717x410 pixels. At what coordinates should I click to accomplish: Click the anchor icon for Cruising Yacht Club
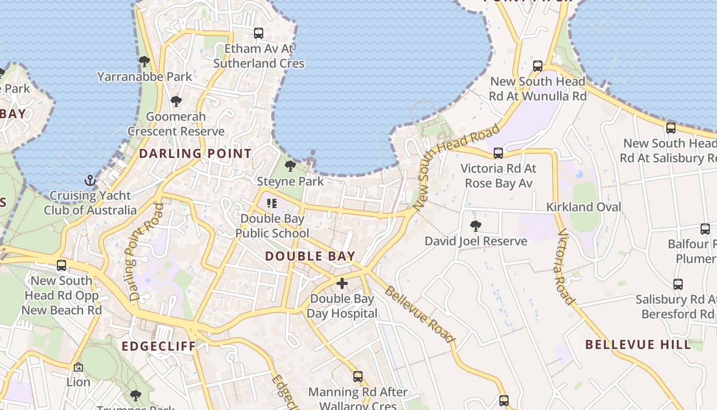point(90,180)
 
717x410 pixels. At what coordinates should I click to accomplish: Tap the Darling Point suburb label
point(195,153)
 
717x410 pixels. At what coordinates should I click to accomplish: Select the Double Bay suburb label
point(310,256)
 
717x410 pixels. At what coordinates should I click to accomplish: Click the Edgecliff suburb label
point(159,346)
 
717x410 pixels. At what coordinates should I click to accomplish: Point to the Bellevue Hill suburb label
point(638,344)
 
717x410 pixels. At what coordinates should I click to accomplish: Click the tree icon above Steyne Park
point(290,166)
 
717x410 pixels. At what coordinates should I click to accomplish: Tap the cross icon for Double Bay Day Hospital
point(342,283)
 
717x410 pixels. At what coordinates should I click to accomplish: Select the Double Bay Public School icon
point(272,203)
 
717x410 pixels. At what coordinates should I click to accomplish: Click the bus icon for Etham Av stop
point(259,33)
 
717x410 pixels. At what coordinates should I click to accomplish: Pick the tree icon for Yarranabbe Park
point(144,61)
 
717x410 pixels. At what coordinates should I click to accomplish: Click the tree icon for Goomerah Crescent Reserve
point(176,101)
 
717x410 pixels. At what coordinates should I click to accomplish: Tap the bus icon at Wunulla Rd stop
point(538,66)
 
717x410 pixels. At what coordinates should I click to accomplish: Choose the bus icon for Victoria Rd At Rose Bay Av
point(498,153)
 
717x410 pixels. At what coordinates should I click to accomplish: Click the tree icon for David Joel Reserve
point(476,225)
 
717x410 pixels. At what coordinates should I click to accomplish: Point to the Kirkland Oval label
point(584,207)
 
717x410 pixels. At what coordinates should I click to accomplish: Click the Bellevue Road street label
point(419,315)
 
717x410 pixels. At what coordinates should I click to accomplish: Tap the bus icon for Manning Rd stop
point(358,377)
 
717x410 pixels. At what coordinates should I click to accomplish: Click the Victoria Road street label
point(565,267)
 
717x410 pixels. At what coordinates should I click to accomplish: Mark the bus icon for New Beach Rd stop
point(61,265)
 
